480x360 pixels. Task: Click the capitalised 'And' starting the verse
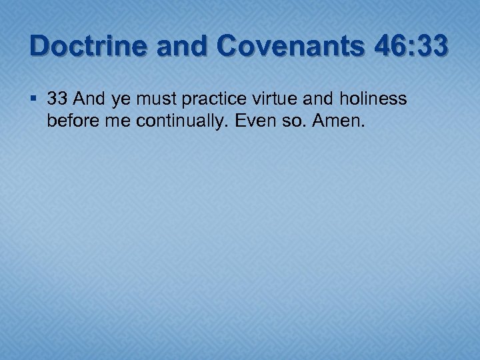tap(89, 99)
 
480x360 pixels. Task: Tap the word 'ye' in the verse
tap(122, 101)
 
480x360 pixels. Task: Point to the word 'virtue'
tap(273, 99)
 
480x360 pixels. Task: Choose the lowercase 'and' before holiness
tap(315, 99)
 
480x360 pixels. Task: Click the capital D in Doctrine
tap(39, 47)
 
